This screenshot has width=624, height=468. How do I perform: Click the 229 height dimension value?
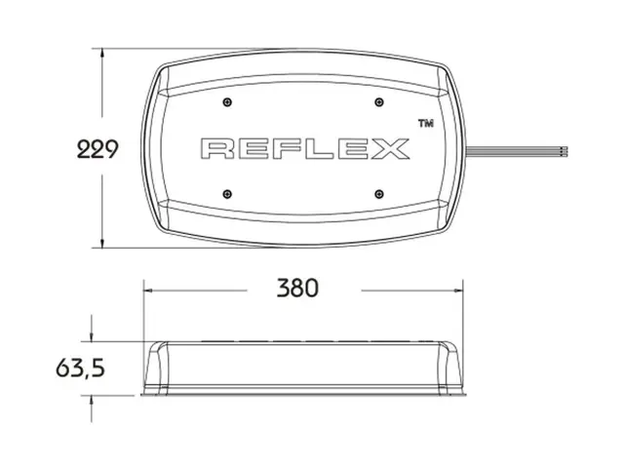click(x=97, y=149)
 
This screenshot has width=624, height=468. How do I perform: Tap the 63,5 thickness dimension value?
click(x=80, y=369)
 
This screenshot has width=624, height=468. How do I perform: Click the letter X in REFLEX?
click(x=390, y=149)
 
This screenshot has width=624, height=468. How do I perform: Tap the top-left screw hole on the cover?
click(x=226, y=102)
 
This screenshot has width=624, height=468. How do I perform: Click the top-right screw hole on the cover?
click(x=377, y=102)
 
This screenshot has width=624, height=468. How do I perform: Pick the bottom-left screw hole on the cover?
click(x=226, y=192)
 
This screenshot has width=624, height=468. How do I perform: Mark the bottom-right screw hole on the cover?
click(x=377, y=192)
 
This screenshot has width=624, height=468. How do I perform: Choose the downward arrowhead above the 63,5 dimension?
click(x=93, y=336)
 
